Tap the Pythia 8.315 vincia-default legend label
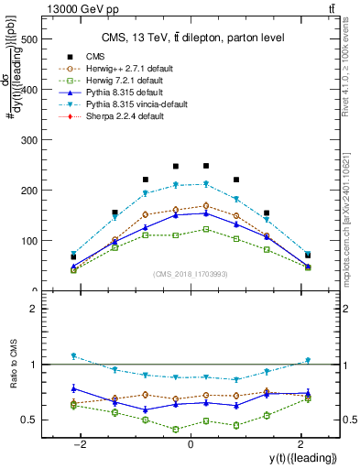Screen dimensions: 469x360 coord(124,105)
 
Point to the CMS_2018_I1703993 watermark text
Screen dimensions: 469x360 coord(190,274)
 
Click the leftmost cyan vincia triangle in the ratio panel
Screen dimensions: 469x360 coord(73,356)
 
